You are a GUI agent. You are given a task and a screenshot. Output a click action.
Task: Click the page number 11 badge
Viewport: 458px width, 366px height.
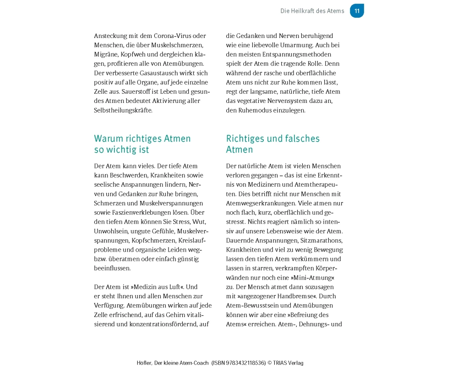click(357, 11)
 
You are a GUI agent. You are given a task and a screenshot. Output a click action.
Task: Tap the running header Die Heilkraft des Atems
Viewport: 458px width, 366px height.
click(312, 11)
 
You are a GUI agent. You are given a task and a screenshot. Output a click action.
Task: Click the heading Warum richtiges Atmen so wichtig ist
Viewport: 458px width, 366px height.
click(142, 144)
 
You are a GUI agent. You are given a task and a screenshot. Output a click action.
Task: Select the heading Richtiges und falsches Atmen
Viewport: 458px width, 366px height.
click(273, 144)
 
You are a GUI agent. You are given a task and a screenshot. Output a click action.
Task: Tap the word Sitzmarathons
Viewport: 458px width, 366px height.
click(322, 240)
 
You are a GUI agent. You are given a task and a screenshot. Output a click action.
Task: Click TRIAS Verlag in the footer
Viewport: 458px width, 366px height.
click(288, 363)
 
